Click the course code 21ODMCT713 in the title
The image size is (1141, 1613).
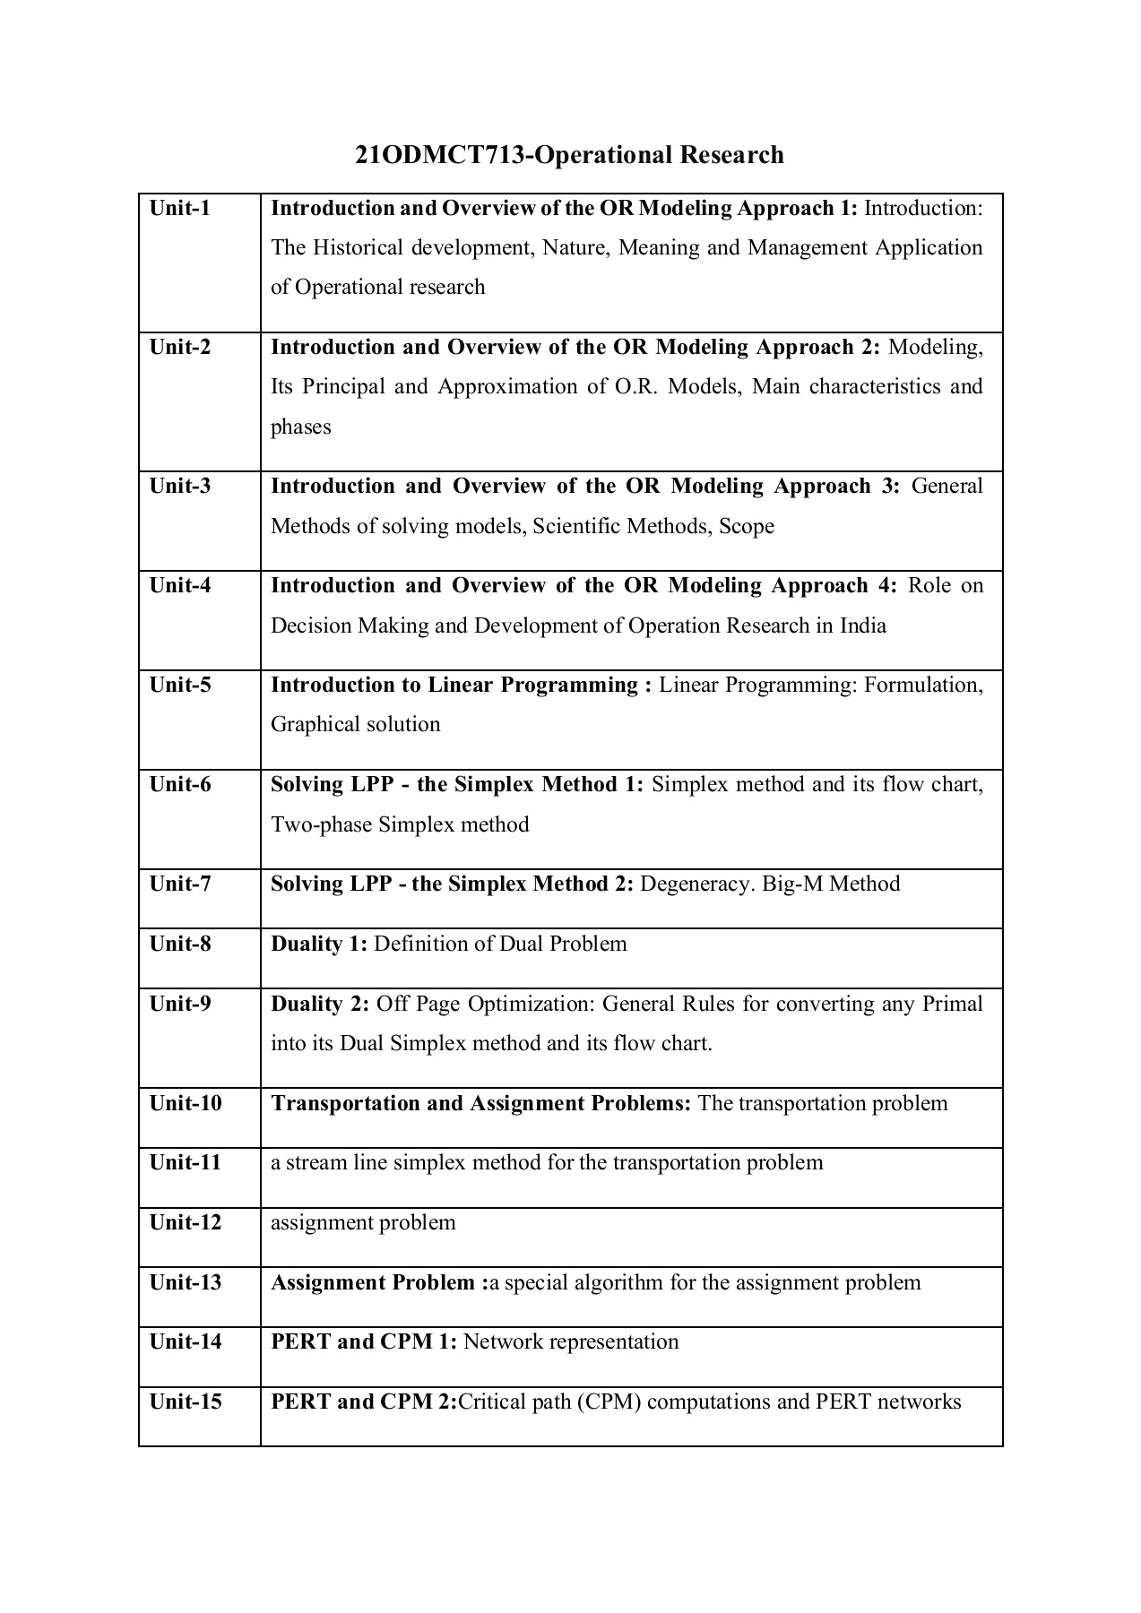click(437, 155)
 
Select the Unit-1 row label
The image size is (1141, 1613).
click(180, 209)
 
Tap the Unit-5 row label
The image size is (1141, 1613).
click(180, 686)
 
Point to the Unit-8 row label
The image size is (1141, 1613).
click(180, 945)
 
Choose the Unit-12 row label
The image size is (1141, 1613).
click(185, 1223)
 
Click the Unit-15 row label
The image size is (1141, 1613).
click(185, 1402)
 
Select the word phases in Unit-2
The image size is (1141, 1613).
click(301, 427)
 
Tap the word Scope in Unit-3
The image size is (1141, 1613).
click(747, 526)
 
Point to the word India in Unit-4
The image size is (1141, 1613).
click(862, 625)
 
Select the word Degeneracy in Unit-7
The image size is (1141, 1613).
click(696, 884)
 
